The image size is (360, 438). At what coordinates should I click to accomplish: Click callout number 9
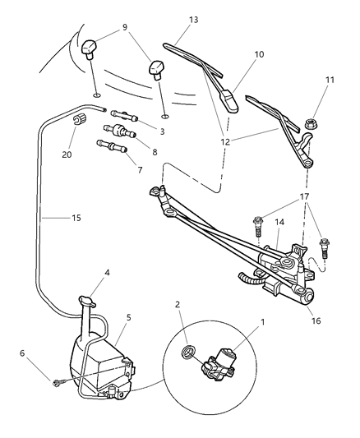point(124,26)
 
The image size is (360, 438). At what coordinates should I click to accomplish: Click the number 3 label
point(162,131)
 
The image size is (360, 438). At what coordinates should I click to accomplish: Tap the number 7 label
point(139,170)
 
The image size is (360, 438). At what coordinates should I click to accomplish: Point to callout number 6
point(22,353)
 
